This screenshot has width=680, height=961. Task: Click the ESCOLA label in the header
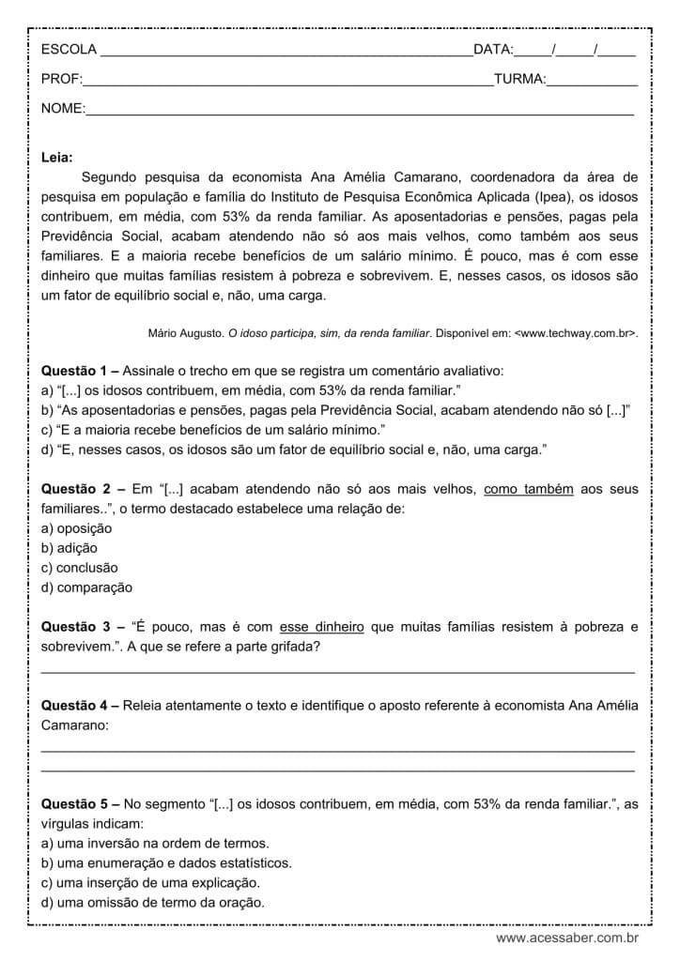pyautogui.click(x=69, y=49)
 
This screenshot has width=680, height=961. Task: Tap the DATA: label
pyautogui.click(x=493, y=49)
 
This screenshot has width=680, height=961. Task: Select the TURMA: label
pyautogui.click(x=519, y=80)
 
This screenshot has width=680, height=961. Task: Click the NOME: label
pyautogui.click(x=63, y=110)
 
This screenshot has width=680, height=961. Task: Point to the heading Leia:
pyautogui.click(x=57, y=158)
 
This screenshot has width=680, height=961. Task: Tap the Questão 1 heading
pyautogui.click(x=80, y=371)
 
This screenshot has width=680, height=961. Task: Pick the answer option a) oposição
pyautogui.click(x=77, y=528)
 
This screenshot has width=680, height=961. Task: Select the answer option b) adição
pyautogui.click(x=70, y=548)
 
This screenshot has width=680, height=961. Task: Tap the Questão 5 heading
pyautogui.click(x=80, y=804)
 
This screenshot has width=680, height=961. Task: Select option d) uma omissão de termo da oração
pyautogui.click(x=153, y=903)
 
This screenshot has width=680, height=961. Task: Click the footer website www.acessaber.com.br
pyautogui.click(x=567, y=938)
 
